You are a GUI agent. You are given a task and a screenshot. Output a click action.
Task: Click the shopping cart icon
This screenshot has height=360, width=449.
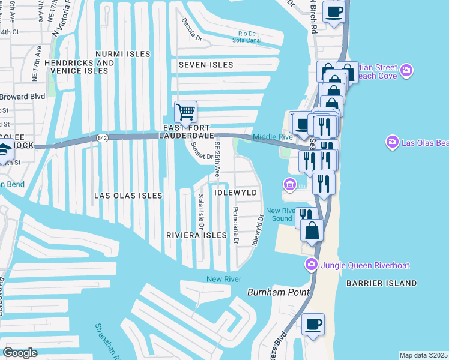(186, 112)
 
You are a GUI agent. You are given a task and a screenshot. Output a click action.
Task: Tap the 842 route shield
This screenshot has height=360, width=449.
(101, 138)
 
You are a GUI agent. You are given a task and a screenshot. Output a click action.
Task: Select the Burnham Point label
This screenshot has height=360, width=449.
(279, 292)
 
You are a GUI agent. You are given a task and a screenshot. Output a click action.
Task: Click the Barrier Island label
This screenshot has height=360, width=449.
(381, 283)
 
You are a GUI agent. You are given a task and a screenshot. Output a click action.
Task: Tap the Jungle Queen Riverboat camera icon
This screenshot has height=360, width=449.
(311, 264)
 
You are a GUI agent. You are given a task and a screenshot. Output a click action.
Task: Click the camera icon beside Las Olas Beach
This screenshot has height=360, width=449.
(392, 142)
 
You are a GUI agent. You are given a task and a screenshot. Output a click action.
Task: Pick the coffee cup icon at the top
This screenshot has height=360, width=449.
(334, 11)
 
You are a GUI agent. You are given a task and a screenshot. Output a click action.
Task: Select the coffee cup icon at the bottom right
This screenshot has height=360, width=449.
(313, 325)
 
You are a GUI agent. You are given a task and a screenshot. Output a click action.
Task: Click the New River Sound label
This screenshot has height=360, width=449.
(281, 214)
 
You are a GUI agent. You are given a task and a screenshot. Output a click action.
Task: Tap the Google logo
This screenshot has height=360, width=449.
(20, 353)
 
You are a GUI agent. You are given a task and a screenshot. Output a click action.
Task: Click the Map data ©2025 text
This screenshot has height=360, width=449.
(423, 355)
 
